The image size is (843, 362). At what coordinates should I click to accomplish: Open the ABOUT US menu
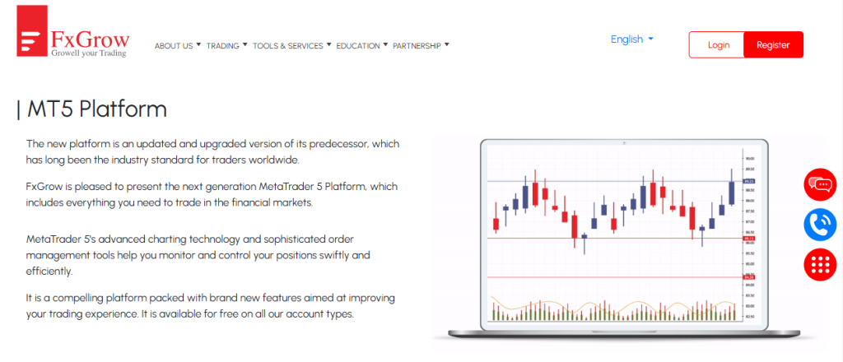click(177, 46)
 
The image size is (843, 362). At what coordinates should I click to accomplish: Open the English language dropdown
click(631, 39)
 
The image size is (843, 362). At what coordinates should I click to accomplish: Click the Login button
click(717, 44)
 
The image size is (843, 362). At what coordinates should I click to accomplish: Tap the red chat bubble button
click(820, 184)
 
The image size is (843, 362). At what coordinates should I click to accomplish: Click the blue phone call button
click(820, 224)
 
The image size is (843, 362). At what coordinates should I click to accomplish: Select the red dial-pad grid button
click(820, 264)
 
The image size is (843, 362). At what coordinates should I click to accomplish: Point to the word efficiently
click(50, 271)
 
